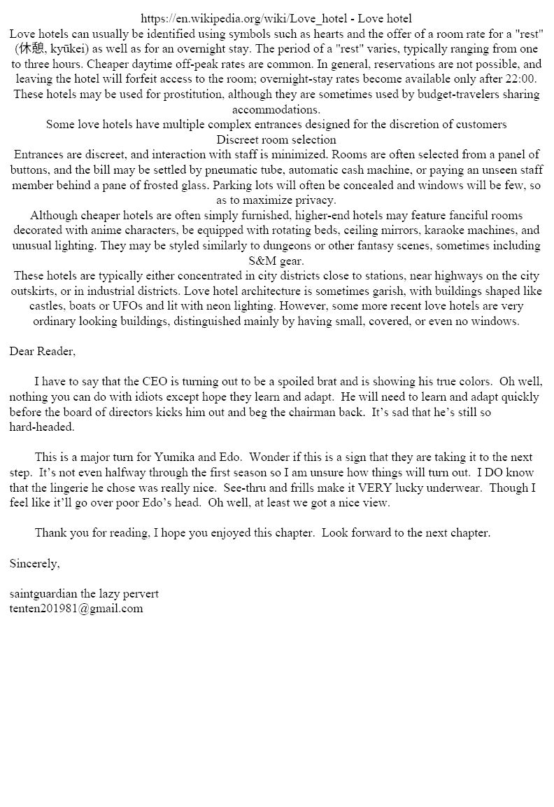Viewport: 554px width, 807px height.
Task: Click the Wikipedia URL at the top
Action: click(x=243, y=19)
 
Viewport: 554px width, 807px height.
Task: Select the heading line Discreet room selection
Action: click(x=276, y=139)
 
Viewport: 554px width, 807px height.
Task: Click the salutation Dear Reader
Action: click(x=42, y=352)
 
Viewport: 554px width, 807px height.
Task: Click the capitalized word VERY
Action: click(x=378, y=488)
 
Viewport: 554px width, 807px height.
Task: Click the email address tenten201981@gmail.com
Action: click(x=76, y=609)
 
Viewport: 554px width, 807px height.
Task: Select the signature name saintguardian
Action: click(x=43, y=594)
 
